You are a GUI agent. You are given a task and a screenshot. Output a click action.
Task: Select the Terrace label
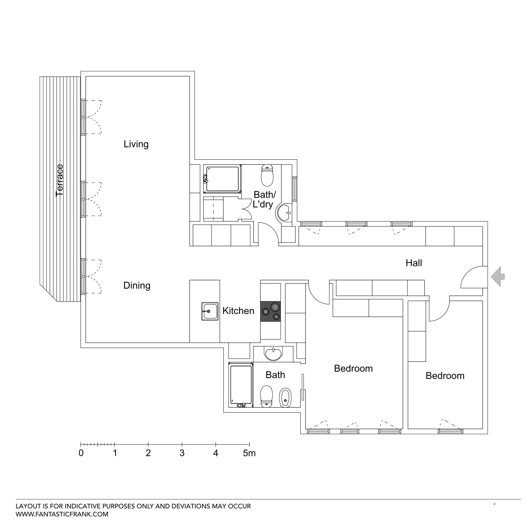tap(59, 180)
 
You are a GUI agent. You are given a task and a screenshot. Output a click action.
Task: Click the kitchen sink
tap(210, 311)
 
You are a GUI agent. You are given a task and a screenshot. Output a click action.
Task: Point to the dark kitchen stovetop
tap(270, 311)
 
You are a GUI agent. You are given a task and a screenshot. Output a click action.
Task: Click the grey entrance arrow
tap(498, 277)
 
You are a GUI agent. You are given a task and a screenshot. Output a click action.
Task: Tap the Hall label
tap(414, 263)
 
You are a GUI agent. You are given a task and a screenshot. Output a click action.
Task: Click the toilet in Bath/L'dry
tap(267, 175)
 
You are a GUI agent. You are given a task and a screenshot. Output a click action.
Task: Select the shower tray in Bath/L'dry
tap(222, 179)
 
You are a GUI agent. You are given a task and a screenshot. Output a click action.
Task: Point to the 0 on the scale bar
tap(81, 453)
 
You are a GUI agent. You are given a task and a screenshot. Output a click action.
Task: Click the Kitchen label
tap(238, 311)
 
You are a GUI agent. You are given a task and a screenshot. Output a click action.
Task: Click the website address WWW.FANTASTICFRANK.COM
tap(62, 514)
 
